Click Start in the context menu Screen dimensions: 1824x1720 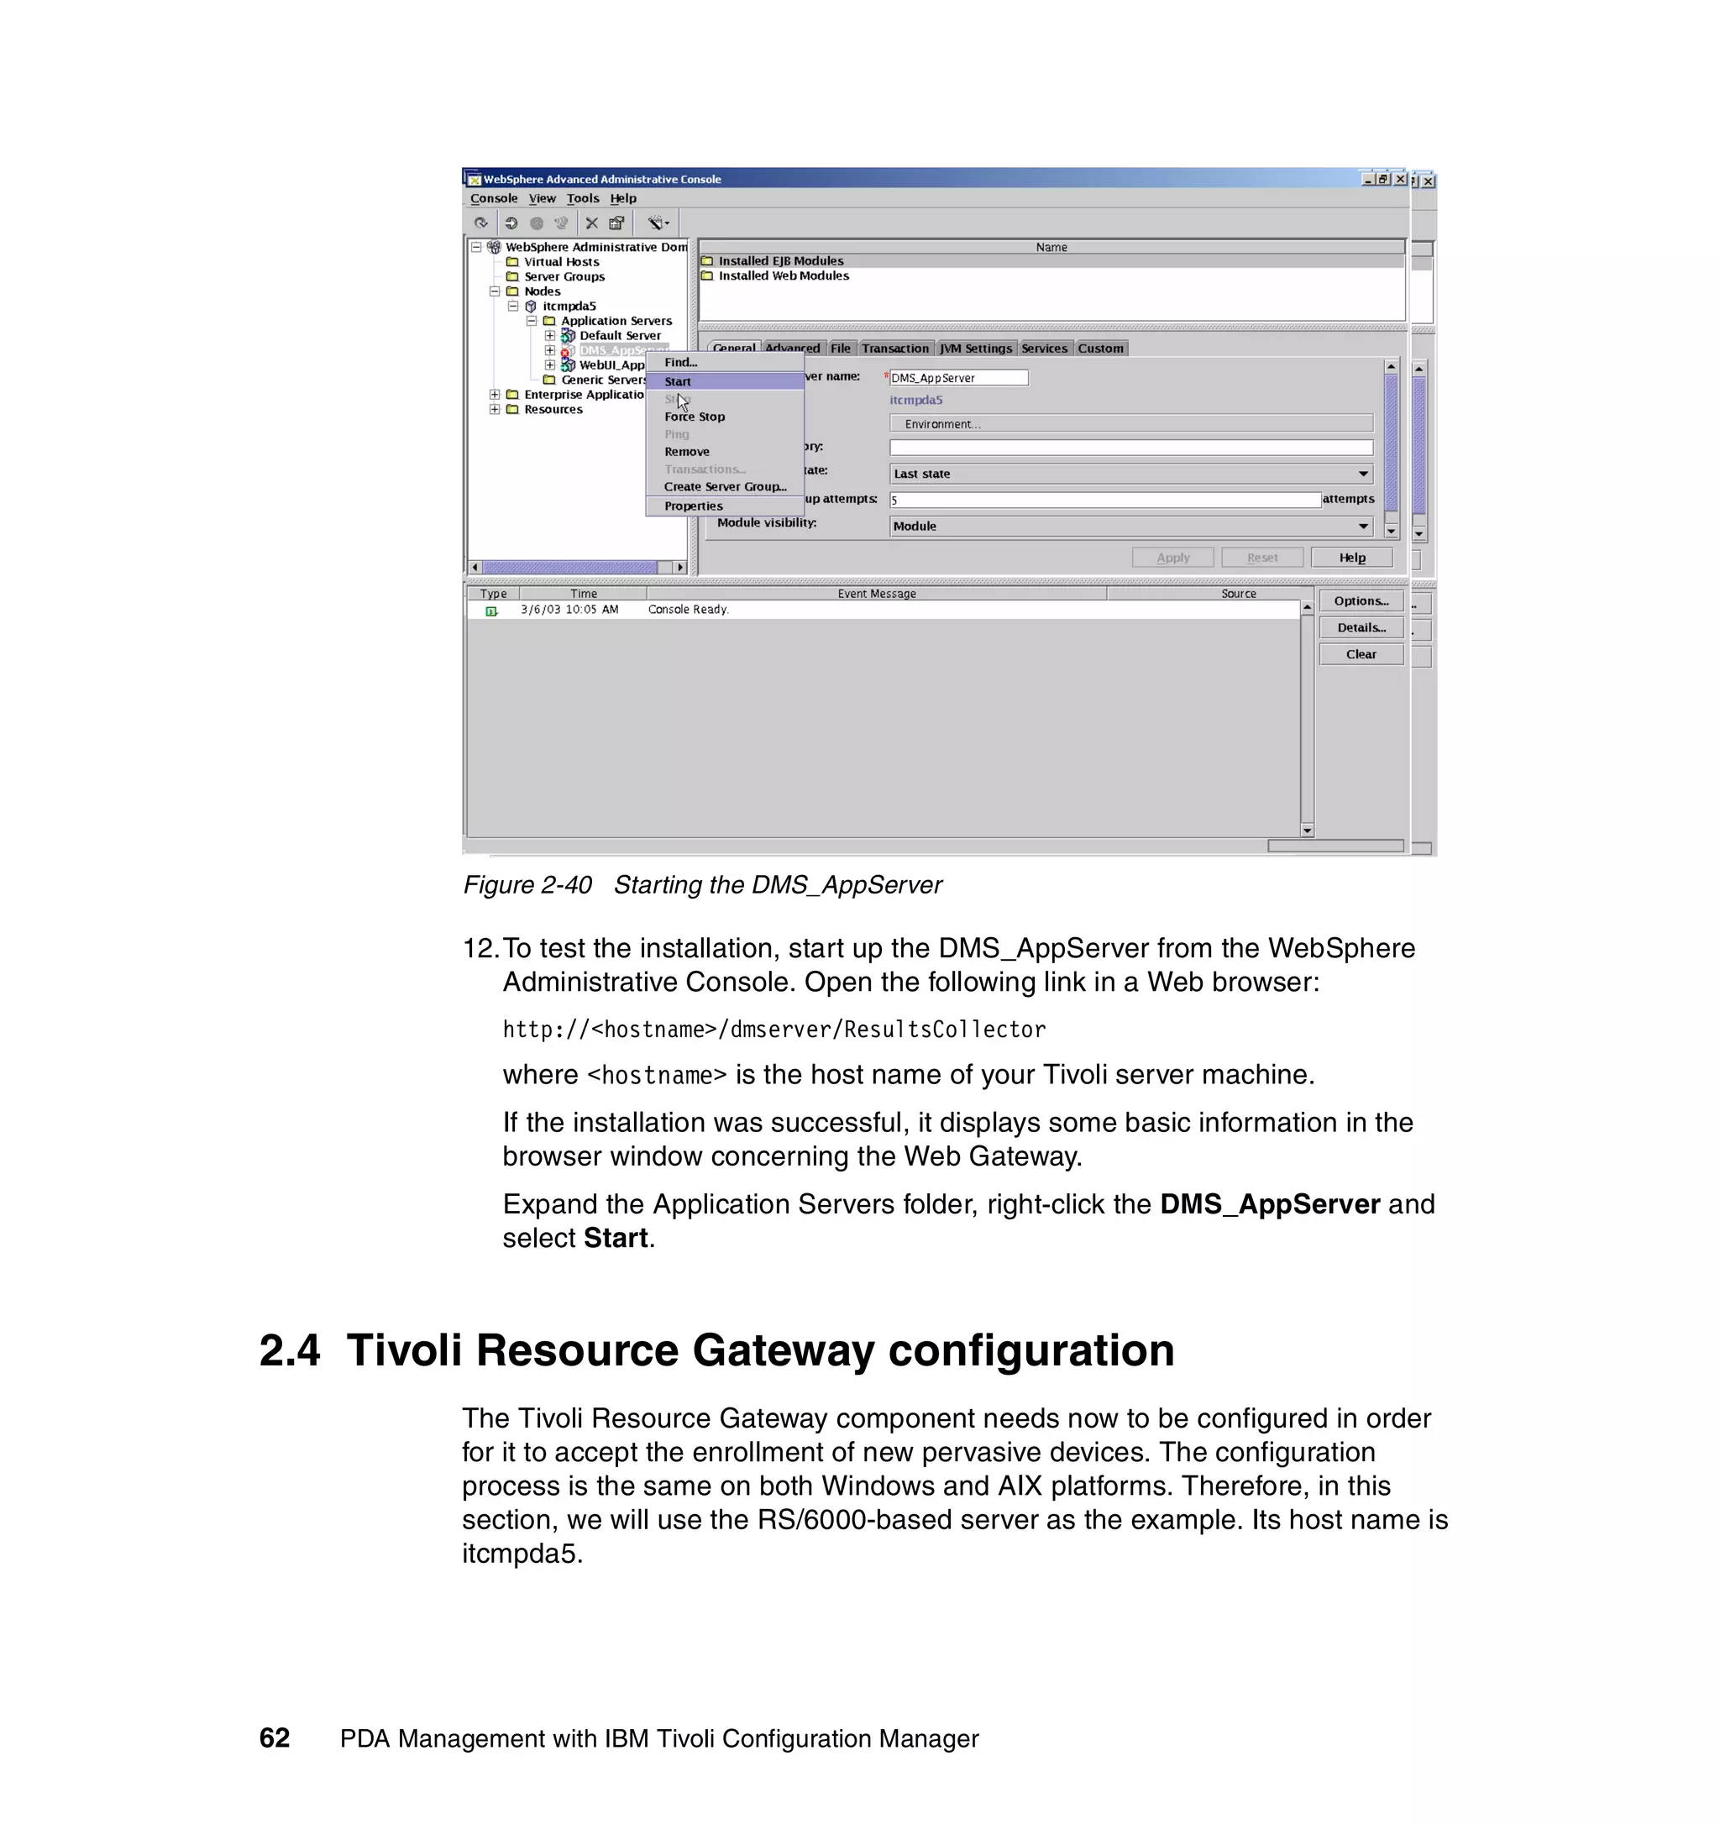(x=678, y=382)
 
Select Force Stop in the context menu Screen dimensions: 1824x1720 (x=695, y=417)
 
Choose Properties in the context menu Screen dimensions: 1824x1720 (x=694, y=506)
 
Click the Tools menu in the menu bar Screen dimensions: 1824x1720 (x=583, y=198)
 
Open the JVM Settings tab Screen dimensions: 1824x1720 (x=975, y=349)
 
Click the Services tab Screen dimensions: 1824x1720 (x=1044, y=349)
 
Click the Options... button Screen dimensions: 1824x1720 (x=1361, y=601)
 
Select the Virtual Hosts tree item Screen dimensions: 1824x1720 (x=561, y=261)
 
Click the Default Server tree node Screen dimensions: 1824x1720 (x=619, y=336)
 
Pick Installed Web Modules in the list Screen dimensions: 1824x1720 (x=784, y=275)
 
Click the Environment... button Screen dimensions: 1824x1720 (x=1130, y=424)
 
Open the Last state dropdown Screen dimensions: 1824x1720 (x=1130, y=474)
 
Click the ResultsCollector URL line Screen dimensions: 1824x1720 (x=773, y=1030)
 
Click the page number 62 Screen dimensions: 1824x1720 (x=275, y=1738)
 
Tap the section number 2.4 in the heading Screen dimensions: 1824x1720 (x=290, y=1350)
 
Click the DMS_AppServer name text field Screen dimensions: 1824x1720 (x=957, y=378)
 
